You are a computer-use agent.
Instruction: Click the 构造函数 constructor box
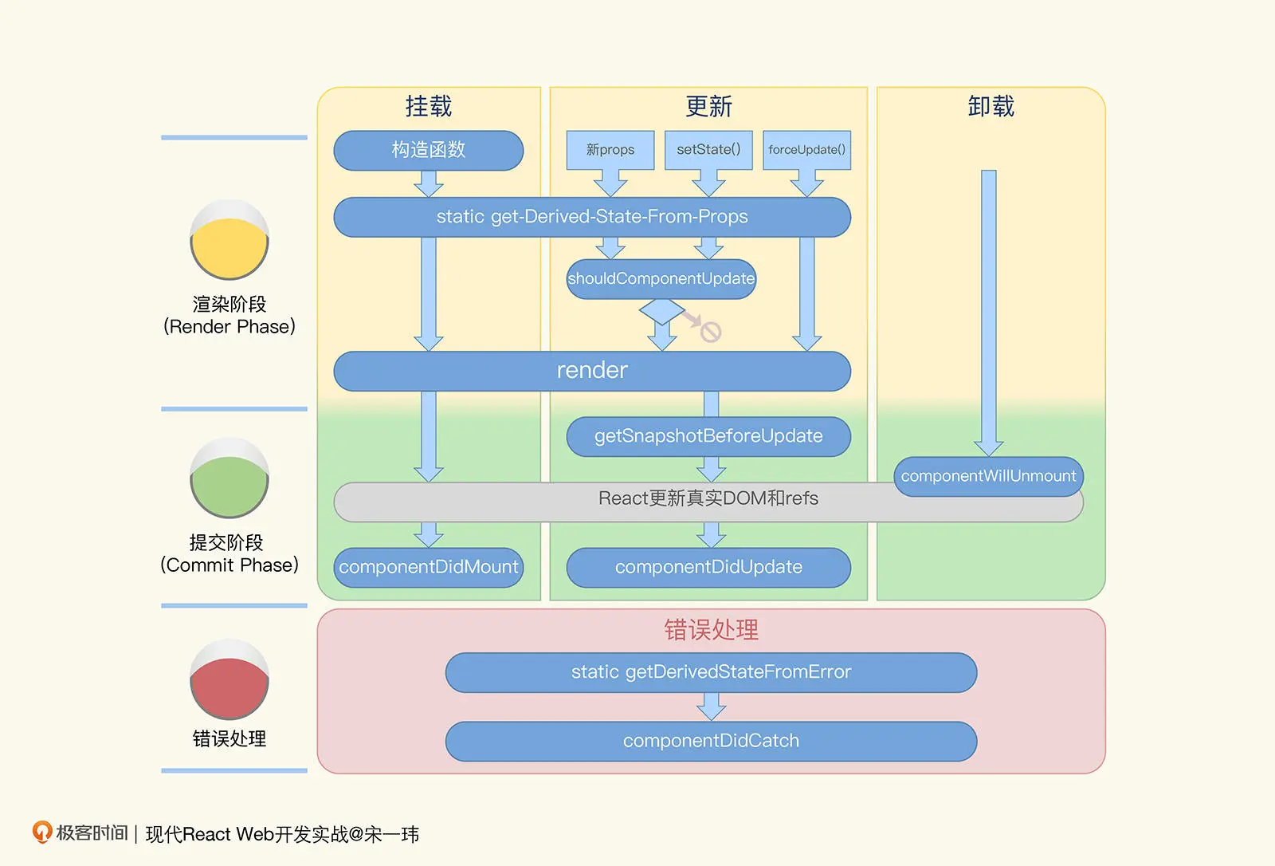click(x=428, y=150)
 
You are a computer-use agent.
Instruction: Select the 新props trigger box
click(x=610, y=150)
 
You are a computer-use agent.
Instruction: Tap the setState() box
click(x=708, y=150)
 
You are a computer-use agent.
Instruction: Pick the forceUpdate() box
click(x=806, y=150)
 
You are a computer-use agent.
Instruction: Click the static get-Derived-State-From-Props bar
click(x=591, y=217)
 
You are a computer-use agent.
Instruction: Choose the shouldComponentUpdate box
click(x=661, y=279)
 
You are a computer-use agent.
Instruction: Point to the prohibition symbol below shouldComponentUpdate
click(x=710, y=332)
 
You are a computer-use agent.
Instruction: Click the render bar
click(x=591, y=371)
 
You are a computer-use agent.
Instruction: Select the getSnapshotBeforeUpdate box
click(x=708, y=436)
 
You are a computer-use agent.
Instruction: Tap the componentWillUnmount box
click(x=988, y=476)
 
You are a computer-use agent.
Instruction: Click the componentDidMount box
click(x=428, y=567)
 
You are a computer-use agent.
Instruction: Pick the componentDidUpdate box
click(x=708, y=567)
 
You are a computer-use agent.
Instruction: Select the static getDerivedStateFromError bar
click(x=711, y=672)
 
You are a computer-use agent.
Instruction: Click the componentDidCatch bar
click(x=711, y=741)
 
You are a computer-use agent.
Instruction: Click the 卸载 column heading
click(x=991, y=106)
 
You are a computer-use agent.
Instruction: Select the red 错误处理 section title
click(x=711, y=630)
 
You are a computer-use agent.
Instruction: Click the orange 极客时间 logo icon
click(x=41, y=833)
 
